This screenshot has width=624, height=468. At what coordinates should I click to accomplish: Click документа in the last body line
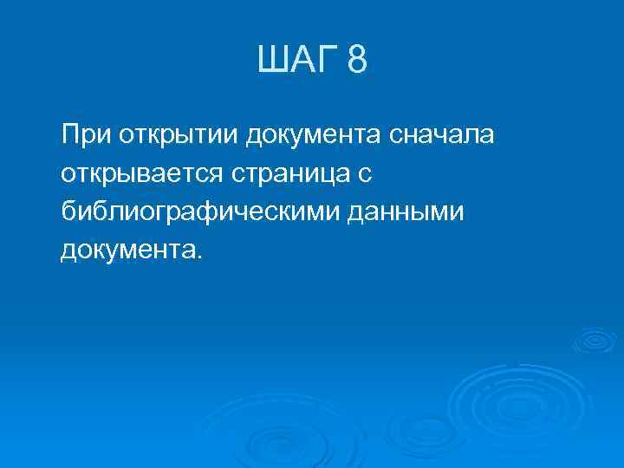click(x=128, y=251)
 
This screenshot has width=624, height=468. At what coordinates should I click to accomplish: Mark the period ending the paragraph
click(x=199, y=257)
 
